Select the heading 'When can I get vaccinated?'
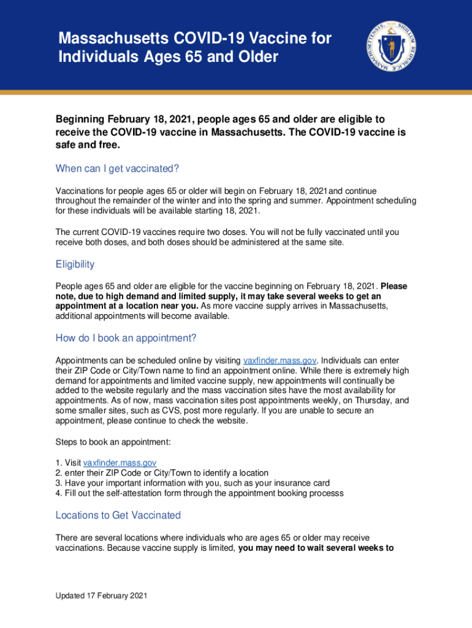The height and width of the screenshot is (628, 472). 116,169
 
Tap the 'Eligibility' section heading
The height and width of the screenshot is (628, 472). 75,264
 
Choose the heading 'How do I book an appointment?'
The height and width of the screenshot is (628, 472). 126,338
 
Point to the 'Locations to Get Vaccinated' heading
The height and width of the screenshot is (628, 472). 118,515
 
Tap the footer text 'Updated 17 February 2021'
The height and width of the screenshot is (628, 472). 101,595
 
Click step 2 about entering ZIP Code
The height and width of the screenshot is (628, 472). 162,472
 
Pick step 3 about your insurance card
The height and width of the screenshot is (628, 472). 192,483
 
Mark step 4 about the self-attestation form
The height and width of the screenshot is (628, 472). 199,493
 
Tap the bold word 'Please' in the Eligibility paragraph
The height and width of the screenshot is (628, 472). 394,286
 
